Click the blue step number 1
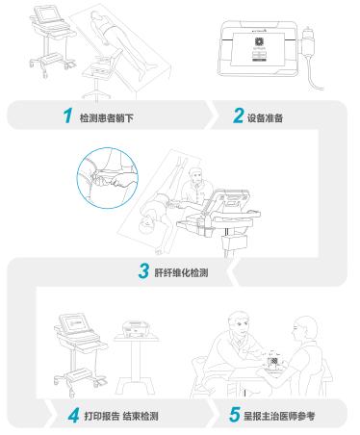[67, 115]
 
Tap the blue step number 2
[238, 115]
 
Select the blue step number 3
[143, 270]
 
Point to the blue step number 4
[73, 416]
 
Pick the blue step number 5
[235, 414]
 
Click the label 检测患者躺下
[107, 118]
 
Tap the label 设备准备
[265, 118]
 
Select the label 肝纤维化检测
[181, 273]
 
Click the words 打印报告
[102, 417]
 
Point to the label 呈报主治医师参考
[279, 417]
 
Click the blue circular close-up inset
[108, 178]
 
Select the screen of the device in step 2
[258, 49]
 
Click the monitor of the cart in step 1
[48, 13]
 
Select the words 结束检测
[141, 417]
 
